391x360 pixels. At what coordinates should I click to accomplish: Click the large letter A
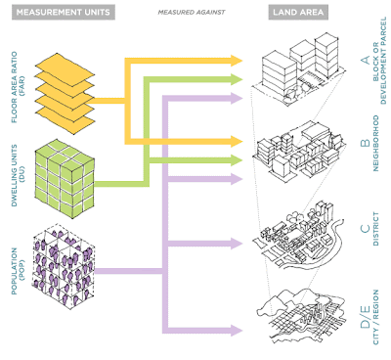tap(364, 61)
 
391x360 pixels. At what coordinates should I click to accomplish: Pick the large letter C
tap(364, 231)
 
